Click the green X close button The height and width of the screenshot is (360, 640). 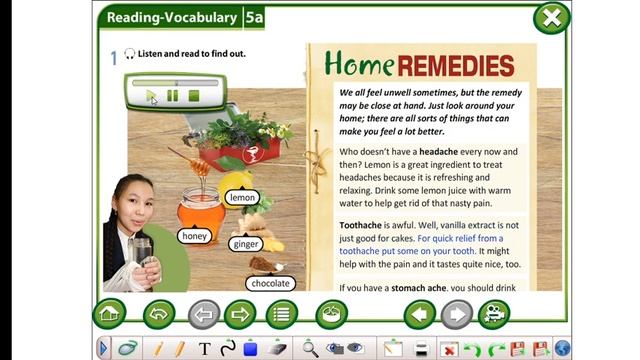(551, 17)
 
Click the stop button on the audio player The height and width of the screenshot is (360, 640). (194, 96)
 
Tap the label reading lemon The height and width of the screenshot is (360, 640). (243, 198)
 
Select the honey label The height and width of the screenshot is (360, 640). (194, 236)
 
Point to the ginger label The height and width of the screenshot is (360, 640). (245, 244)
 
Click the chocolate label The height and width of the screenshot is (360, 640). (270, 284)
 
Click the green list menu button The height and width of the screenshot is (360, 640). (282, 315)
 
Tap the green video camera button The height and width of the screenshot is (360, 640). (493, 315)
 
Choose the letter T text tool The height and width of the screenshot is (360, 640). (205, 348)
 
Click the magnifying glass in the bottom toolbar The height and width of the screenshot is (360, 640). (310, 348)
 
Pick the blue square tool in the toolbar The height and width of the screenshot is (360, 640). (251, 348)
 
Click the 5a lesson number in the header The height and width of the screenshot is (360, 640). (255, 17)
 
